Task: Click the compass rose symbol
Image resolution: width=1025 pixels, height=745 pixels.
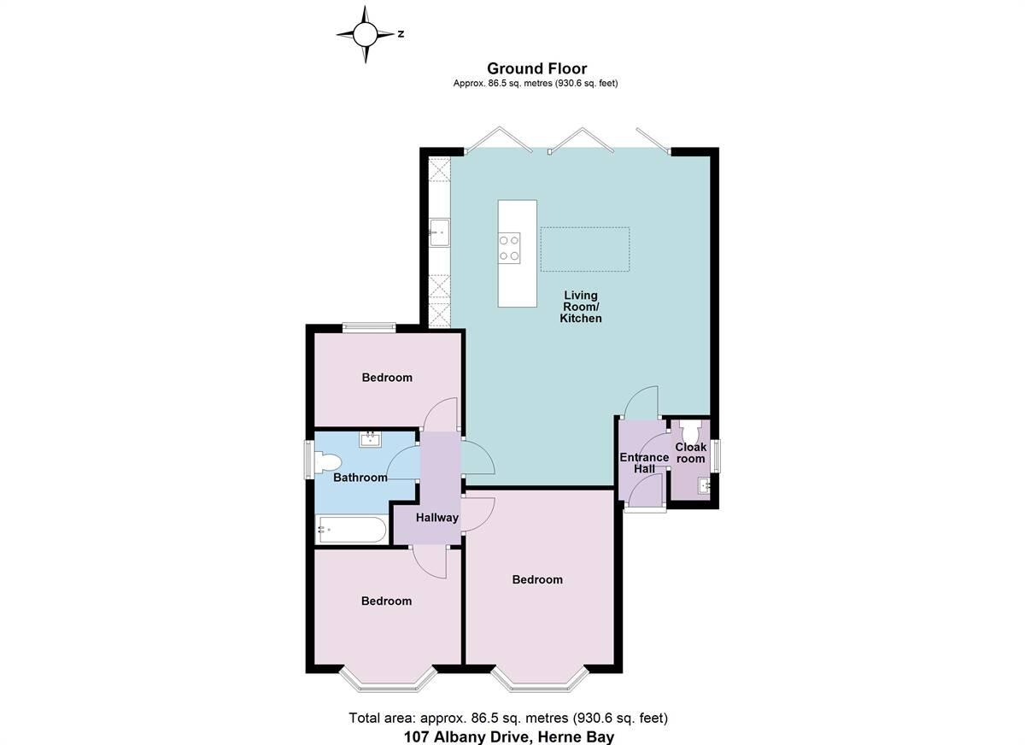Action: click(x=366, y=34)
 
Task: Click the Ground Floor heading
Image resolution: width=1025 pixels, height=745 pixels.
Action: click(x=536, y=68)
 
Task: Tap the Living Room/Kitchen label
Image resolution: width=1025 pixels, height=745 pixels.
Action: click(x=580, y=307)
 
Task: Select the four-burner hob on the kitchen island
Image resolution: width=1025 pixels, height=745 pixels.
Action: click(x=510, y=248)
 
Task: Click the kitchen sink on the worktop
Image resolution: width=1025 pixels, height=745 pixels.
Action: click(x=439, y=232)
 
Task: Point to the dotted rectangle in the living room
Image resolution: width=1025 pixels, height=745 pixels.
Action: click(x=585, y=249)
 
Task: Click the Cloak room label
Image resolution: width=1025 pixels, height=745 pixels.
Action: click(x=691, y=453)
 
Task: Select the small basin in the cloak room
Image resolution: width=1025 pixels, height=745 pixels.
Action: click(x=703, y=487)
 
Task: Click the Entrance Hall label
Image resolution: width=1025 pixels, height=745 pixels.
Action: click(x=644, y=463)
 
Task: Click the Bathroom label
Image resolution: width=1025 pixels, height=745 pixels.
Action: click(x=360, y=478)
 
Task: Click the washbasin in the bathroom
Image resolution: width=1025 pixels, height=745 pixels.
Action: click(x=371, y=440)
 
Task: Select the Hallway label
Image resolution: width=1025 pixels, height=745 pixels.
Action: click(x=437, y=518)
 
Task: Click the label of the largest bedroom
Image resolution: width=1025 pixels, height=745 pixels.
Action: click(x=537, y=580)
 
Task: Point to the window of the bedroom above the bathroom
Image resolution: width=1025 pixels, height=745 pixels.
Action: click(x=369, y=326)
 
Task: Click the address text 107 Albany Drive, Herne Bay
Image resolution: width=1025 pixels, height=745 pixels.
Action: click(x=509, y=736)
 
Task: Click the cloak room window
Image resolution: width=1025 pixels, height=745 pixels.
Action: click(x=716, y=455)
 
